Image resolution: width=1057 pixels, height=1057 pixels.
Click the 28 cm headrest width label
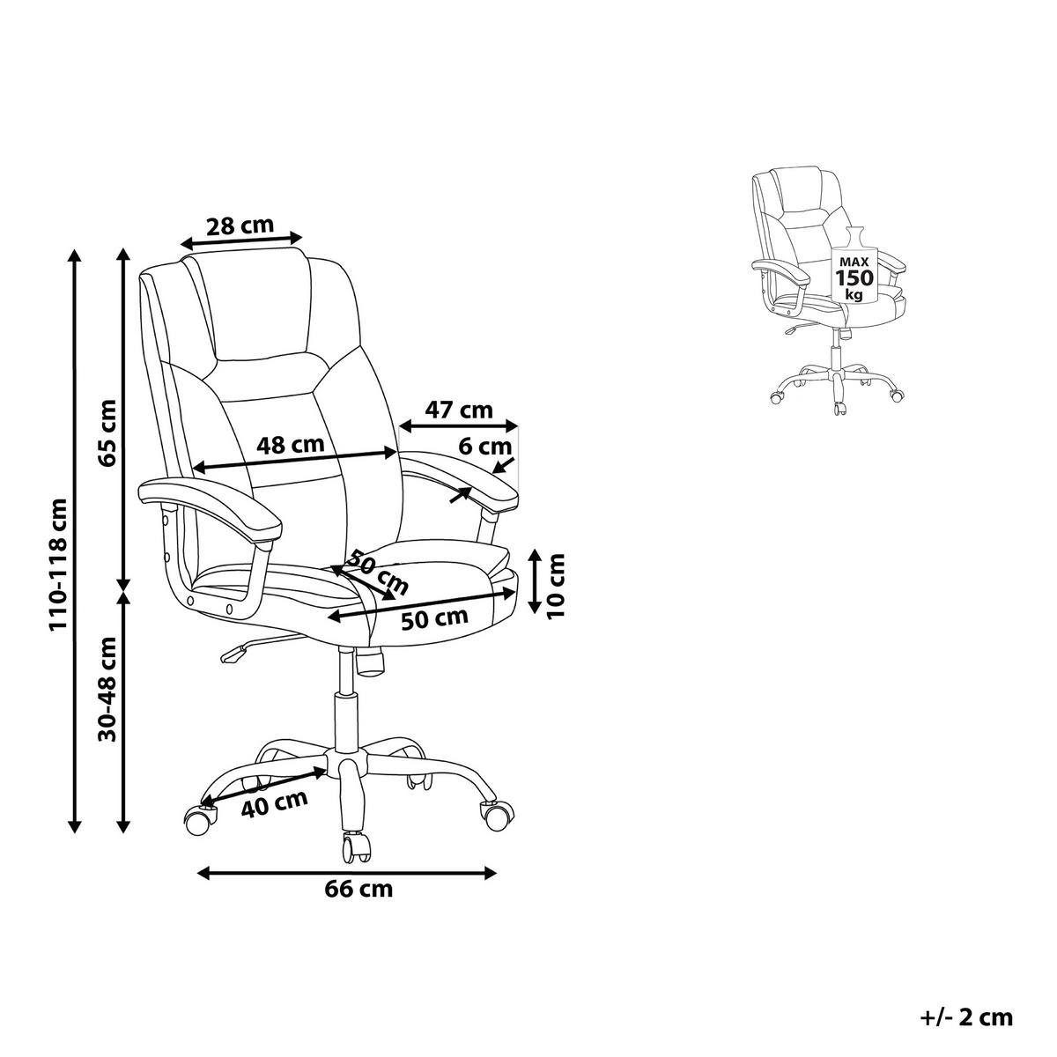coord(240,225)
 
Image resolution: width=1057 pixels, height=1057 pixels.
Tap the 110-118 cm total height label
coord(58,564)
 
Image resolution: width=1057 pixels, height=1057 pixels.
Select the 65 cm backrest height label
coord(108,432)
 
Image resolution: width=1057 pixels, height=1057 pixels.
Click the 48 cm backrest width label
coord(290,444)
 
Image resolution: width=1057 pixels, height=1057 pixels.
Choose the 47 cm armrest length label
coord(460,410)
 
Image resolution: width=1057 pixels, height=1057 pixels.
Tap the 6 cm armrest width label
coord(484,447)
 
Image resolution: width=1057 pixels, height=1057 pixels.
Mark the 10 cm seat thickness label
coord(556,586)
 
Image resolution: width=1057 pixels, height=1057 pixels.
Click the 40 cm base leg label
coord(274,804)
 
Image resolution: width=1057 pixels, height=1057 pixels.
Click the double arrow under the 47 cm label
coord(459,425)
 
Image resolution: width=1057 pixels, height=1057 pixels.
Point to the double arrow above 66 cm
coord(347,873)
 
